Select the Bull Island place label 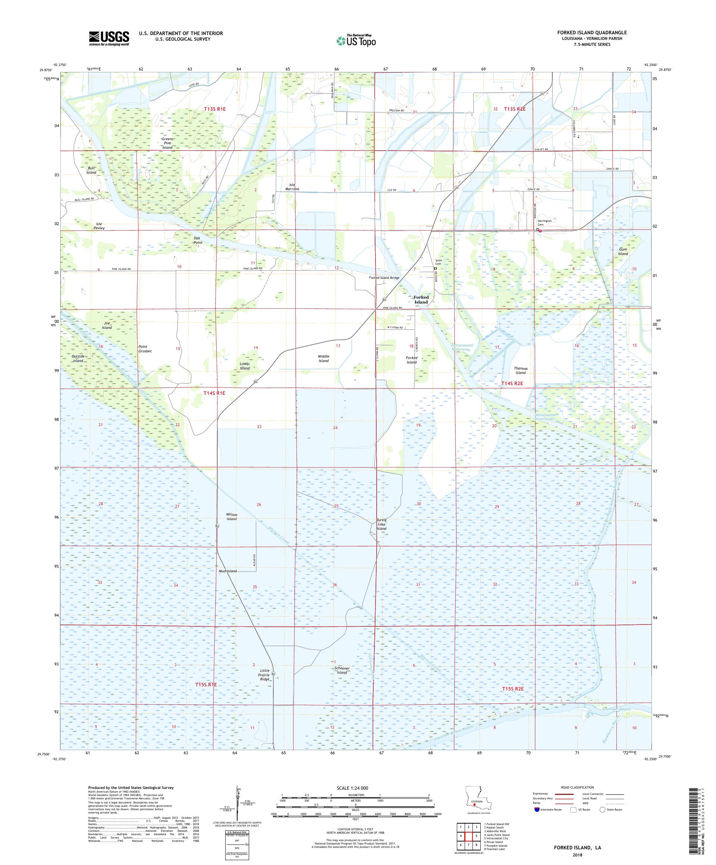point(91,170)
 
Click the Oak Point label point(198,240)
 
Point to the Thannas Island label point(520,370)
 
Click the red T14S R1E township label point(214,393)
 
